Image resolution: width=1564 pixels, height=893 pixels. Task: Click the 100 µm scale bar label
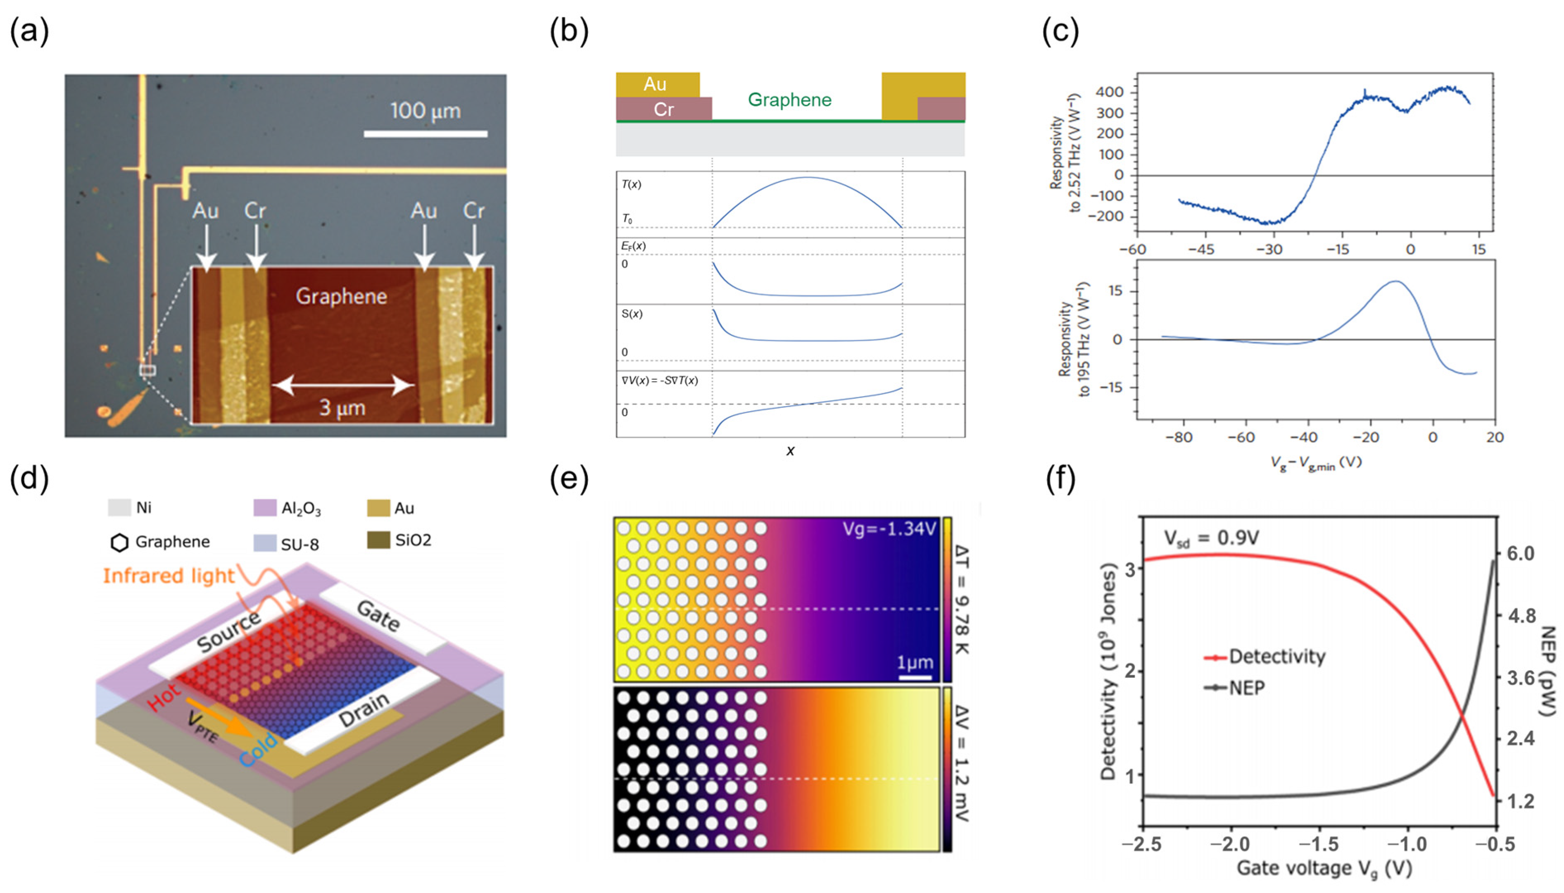click(x=425, y=111)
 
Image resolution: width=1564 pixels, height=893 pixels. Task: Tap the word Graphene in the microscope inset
click(x=342, y=297)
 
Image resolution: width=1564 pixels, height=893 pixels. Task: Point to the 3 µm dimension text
click(x=342, y=408)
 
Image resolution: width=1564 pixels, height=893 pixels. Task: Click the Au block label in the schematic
click(x=655, y=84)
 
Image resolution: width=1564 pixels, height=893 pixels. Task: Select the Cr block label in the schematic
click(x=663, y=110)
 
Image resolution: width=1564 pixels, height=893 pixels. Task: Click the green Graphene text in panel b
click(x=790, y=100)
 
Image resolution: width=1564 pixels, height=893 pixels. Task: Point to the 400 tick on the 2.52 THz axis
click(x=1110, y=93)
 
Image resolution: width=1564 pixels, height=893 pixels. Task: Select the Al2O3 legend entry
click(x=300, y=508)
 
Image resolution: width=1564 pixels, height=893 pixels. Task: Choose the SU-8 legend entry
click(x=299, y=544)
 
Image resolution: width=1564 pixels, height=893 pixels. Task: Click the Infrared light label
click(x=169, y=576)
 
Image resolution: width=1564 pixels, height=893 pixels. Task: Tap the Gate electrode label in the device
click(x=378, y=616)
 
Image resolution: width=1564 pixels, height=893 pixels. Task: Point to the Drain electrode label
click(x=364, y=710)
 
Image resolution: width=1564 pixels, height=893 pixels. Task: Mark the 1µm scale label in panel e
click(x=915, y=663)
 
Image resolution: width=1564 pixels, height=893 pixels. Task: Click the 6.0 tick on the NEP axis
click(x=1521, y=554)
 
